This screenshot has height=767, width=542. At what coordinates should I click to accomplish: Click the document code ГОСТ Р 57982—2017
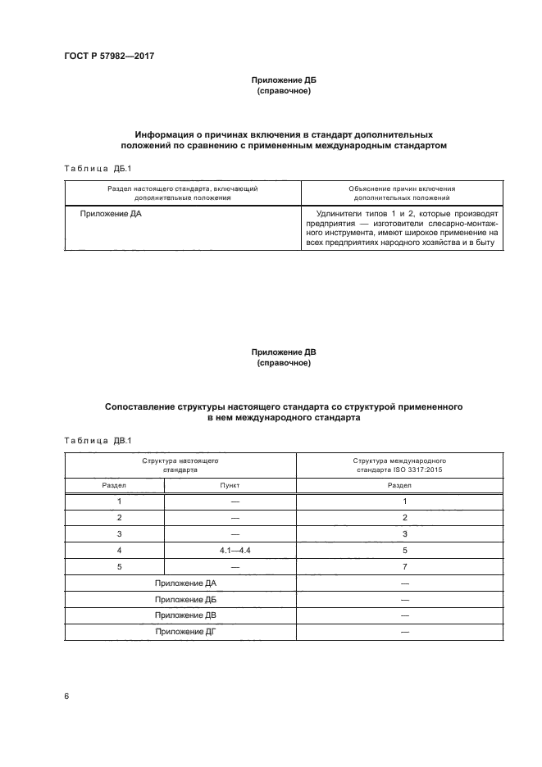pyautogui.click(x=108, y=56)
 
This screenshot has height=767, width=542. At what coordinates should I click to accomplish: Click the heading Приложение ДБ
pyautogui.click(x=283, y=81)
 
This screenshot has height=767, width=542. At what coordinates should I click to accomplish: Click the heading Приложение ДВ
pyautogui.click(x=283, y=352)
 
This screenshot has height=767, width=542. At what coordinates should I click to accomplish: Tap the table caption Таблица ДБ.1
pyautogui.click(x=92, y=169)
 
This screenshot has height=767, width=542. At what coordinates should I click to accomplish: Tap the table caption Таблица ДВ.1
pyautogui.click(x=92, y=441)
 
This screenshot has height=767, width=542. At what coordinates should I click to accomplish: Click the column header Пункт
pyautogui.click(x=230, y=485)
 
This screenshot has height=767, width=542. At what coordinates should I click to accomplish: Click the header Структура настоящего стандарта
pyautogui.click(x=180, y=466)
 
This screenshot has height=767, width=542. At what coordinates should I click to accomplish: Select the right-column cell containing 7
pyautogui.click(x=405, y=566)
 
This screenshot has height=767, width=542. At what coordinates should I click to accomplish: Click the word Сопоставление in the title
pyautogui.click(x=145, y=406)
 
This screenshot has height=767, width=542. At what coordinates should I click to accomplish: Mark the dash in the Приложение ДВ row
pyautogui.click(x=405, y=615)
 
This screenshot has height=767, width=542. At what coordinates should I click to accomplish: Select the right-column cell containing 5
pyautogui.click(x=405, y=551)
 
